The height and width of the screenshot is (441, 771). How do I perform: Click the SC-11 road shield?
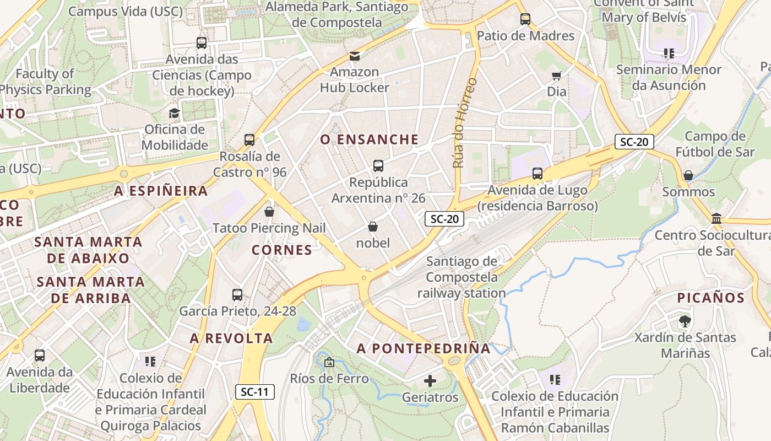pos(255,392)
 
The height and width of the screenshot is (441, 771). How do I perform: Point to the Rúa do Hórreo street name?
pos(465,122)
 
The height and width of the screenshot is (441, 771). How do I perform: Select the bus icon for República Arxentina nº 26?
pos(378,166)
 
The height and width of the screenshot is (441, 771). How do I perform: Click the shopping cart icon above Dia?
pos(557,76)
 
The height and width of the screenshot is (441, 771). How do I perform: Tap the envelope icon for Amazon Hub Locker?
pos(355,56)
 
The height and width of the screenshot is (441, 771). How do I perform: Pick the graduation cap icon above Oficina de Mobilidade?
pos(174,114)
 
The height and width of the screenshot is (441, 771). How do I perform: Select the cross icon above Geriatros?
pos(430,381)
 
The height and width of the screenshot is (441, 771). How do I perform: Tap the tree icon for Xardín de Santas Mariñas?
pos(685,321)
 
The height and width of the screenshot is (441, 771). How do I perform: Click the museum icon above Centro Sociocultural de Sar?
pos(716,219)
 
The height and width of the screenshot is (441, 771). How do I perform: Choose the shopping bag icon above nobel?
pos(373,227)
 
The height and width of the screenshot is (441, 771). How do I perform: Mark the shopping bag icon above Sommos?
pos(688,176)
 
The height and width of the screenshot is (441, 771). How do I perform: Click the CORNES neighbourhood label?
pos(282,250)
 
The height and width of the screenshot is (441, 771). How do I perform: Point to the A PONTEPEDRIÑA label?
pos(423,348)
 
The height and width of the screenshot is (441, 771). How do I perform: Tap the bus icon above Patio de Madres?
pos(525,19)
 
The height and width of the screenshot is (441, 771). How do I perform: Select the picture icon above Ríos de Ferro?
pos(329,362)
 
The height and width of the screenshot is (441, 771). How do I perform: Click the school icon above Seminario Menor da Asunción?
pos(669,53)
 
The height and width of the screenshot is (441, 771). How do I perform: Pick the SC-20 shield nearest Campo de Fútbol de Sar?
pos(634,142)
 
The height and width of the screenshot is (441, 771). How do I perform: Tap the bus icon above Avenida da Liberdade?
pos(40,356)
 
